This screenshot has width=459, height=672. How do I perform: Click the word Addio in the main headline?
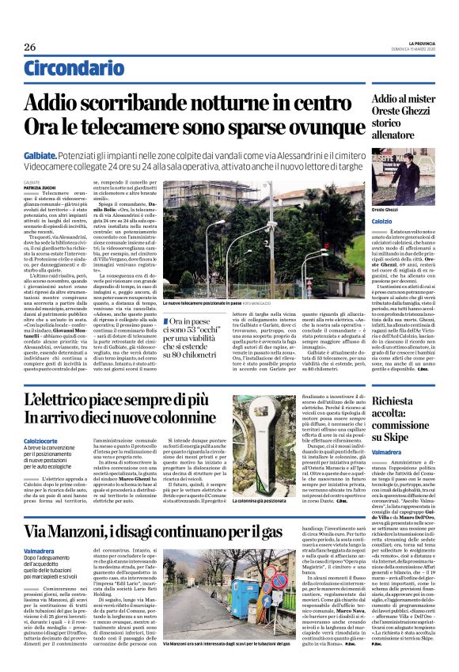(x=74, y=102)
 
